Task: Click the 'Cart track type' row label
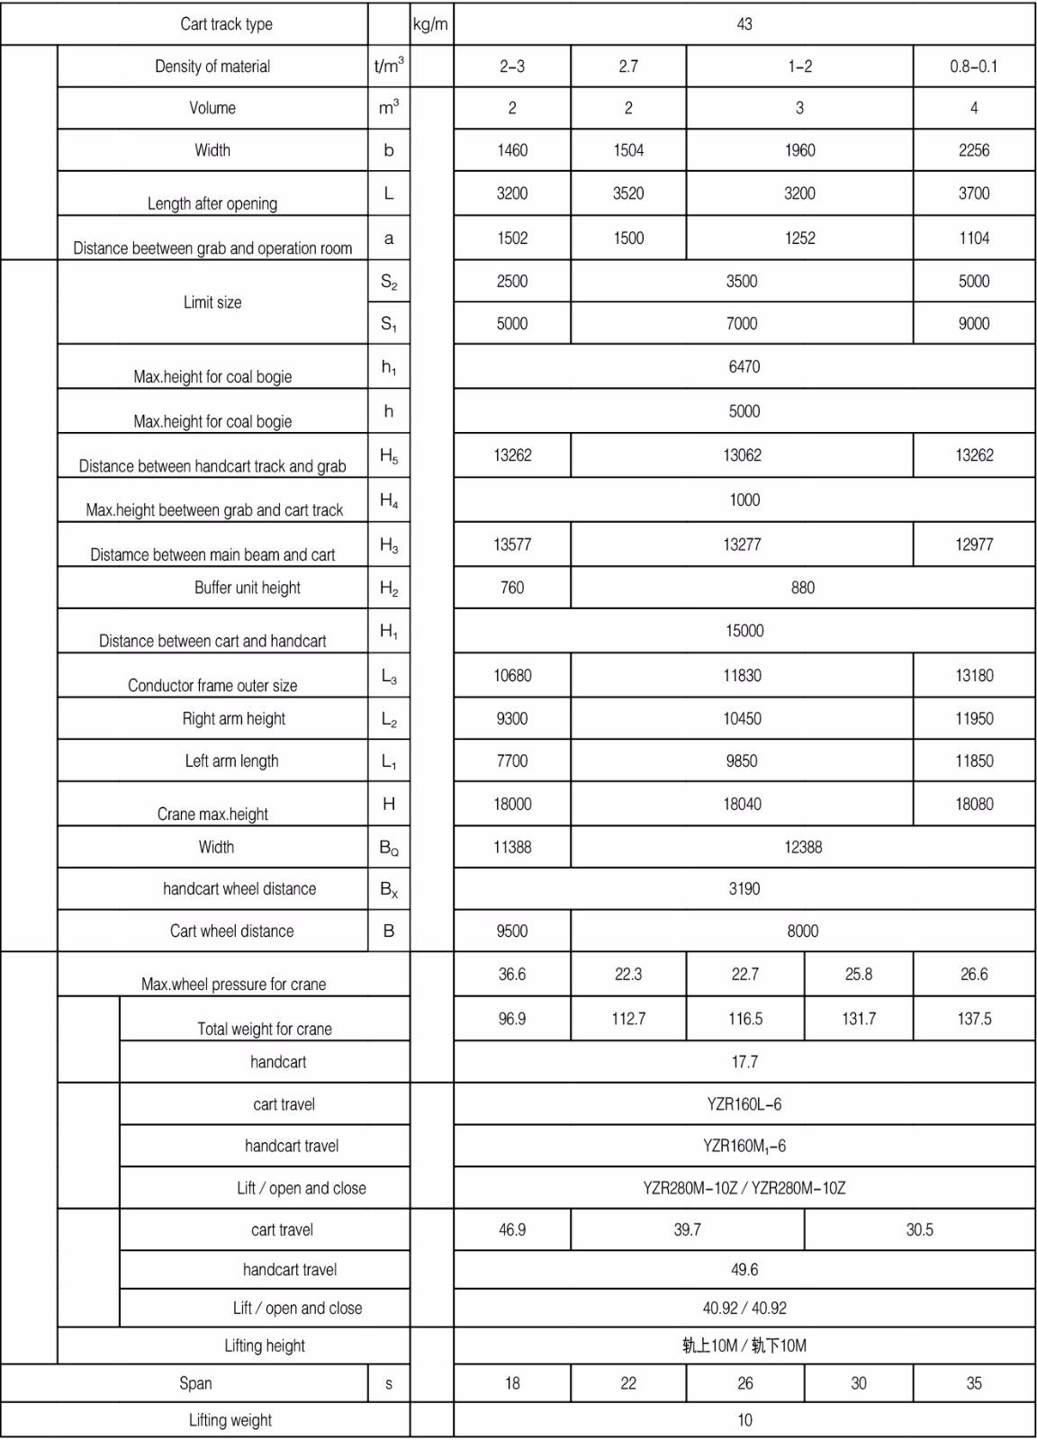tap(226, 24)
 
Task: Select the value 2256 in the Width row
tap(973, 150)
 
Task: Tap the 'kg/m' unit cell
tap(430, 24)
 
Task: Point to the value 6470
tap(744, 366)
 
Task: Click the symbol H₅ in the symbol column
tap(389, 456)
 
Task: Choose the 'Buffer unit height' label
tap(248, 588)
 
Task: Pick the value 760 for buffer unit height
tap(511, 588)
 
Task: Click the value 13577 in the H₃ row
tap(511, 544)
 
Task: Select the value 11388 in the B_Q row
tap(511, 847)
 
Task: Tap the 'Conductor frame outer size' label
tap(212, 685)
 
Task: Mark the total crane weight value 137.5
tap(974, 1019)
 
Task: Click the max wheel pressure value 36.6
tap(511, 974)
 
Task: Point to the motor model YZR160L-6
tap(744, 1104)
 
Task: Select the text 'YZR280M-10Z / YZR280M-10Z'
tap(744, 1188)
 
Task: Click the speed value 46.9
tap(511, 1229)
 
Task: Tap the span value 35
tap(974, 1383)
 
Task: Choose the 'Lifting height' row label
tap(265, 1345)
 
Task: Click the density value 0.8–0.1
tap(973, 67)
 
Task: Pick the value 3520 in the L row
tap(628, 193)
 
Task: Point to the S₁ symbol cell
tap(389, 324)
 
